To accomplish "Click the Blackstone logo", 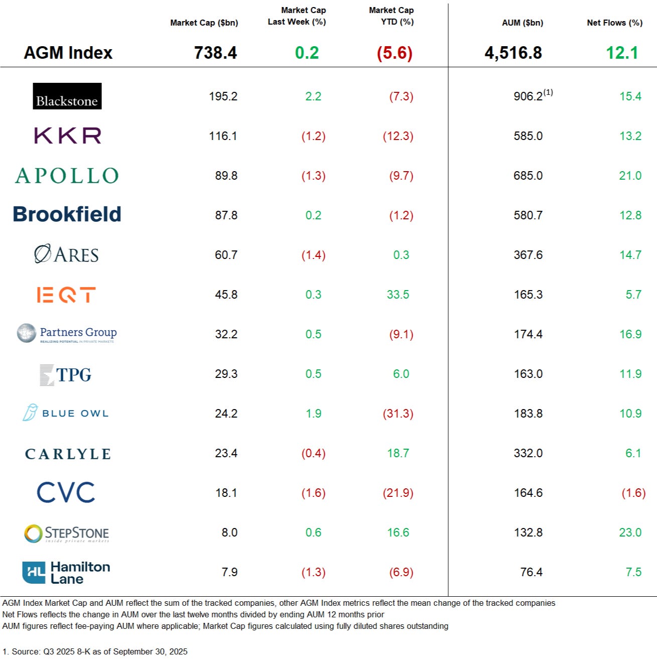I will pos(67,96).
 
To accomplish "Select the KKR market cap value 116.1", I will pos(223,136).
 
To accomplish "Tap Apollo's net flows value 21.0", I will pos(630,176).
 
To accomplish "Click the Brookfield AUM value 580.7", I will pos(528,215).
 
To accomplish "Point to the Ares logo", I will pos(66,254).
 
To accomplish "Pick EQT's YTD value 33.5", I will pos(398,295).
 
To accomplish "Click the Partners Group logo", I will pos(67,334).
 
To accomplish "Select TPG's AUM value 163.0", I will pos(528,374).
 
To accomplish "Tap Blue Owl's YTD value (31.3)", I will pos(398,414).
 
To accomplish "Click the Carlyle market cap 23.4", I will pos(226,453).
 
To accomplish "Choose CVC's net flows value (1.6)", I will pos(633,493).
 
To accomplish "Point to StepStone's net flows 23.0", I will pos(630,533).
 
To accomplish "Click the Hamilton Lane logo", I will pos(66,573).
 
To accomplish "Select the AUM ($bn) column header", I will pos(522,23).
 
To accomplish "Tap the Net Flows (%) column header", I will pos(614,23).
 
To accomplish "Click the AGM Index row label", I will pos(68,53).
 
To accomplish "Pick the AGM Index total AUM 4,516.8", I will pos(513,53).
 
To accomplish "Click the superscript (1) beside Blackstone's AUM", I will pos(548,92).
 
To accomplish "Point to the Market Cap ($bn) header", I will pos(204,23).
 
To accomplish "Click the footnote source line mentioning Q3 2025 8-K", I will pos(95,651).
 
